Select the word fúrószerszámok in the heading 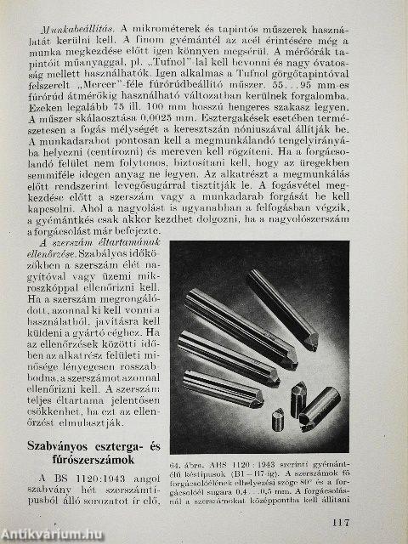[90, 462]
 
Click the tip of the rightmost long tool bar [311, 342]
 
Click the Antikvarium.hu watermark [51, 535]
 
